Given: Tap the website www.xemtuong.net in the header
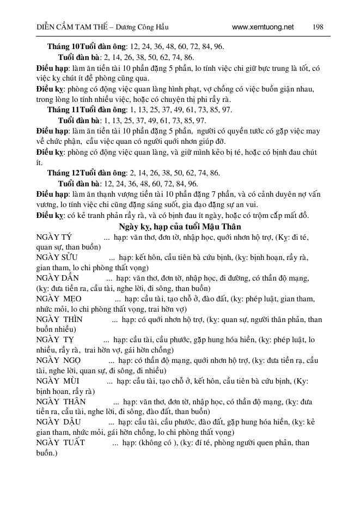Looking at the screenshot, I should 263,27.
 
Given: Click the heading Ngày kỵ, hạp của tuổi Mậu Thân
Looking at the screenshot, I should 180,226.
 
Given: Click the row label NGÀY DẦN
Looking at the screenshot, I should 57,278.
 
